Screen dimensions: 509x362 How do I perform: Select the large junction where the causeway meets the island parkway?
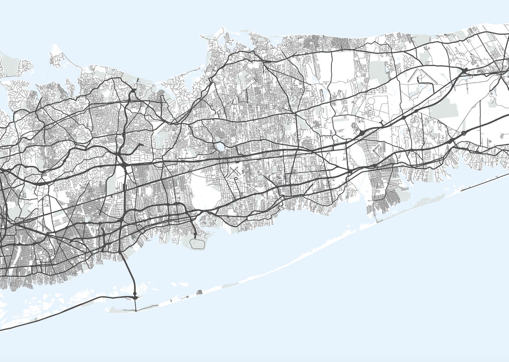(135, 296)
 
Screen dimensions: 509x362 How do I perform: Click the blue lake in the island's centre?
(219, 147)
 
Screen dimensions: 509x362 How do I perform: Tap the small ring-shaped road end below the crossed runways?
(235, 179)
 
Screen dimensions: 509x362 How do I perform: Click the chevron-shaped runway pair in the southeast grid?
(376, 149)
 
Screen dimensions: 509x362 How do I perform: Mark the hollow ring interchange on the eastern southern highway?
(463, 133)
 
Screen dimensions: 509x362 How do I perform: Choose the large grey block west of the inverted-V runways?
(379, 71)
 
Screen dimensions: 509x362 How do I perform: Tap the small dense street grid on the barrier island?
(199, 292)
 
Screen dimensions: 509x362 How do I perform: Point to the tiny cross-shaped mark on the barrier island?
(171, 301)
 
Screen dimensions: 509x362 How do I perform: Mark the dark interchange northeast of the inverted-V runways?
(465, 70)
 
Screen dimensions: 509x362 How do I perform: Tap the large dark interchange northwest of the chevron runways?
(361, 132)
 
